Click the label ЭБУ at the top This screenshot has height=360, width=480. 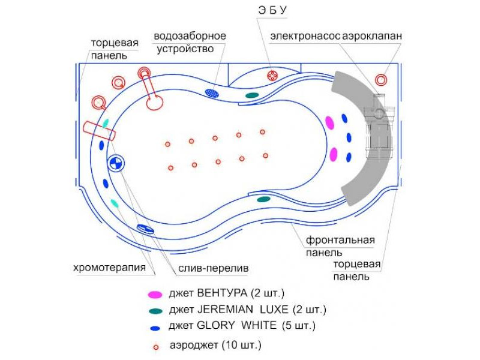272,10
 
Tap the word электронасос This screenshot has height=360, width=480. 305,36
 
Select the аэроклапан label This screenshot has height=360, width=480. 372,37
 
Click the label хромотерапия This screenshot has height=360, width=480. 109,268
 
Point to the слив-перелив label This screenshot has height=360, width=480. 214,268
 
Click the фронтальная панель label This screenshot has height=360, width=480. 340,246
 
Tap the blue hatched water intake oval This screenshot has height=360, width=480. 212,93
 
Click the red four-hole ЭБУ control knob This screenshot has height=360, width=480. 272,76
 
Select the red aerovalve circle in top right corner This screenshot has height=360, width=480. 381,80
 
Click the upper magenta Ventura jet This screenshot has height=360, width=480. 329,123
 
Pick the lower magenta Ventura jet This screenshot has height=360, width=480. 334,154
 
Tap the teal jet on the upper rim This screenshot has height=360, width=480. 252,95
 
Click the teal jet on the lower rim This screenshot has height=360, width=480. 263,199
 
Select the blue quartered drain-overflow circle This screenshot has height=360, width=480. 116,163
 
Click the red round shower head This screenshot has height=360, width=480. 155,102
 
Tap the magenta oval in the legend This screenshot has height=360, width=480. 155,295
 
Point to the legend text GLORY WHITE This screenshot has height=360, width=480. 236,325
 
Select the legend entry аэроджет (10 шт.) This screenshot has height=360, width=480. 215,346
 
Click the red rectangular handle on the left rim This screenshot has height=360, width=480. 99,131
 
